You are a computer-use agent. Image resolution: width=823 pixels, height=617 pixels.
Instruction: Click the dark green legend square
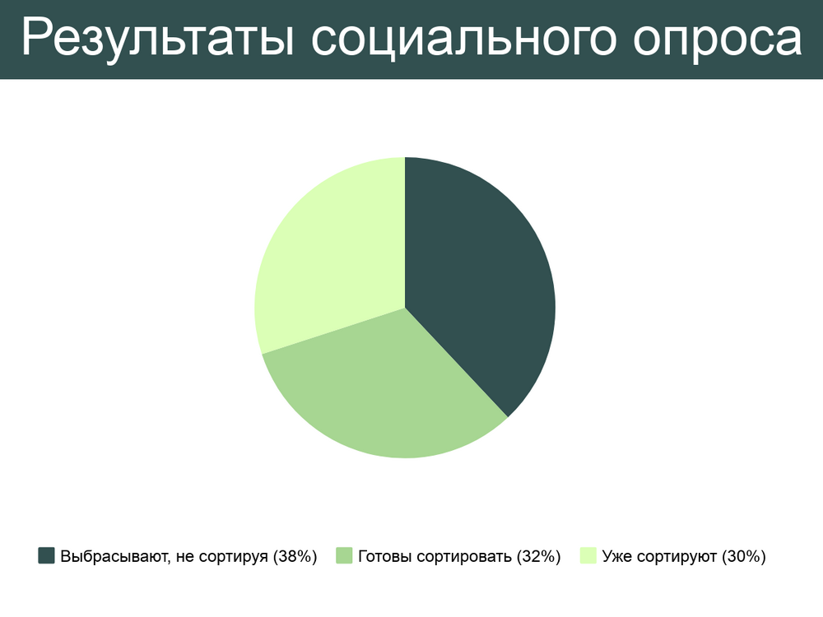(46, 555)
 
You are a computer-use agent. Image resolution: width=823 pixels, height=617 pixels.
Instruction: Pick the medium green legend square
(344, 555)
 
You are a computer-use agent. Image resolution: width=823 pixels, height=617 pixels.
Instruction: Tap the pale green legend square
(588, 555)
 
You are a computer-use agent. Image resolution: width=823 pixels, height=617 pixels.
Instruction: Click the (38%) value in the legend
(295, 556)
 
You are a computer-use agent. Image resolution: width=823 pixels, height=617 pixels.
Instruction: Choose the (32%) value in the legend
(538, 556)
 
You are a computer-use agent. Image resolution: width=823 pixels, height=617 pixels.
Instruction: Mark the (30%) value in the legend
(744, 556)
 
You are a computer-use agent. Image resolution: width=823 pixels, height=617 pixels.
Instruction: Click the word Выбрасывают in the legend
(115, 556)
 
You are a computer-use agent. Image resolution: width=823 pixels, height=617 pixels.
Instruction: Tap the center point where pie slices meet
(405, 308)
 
